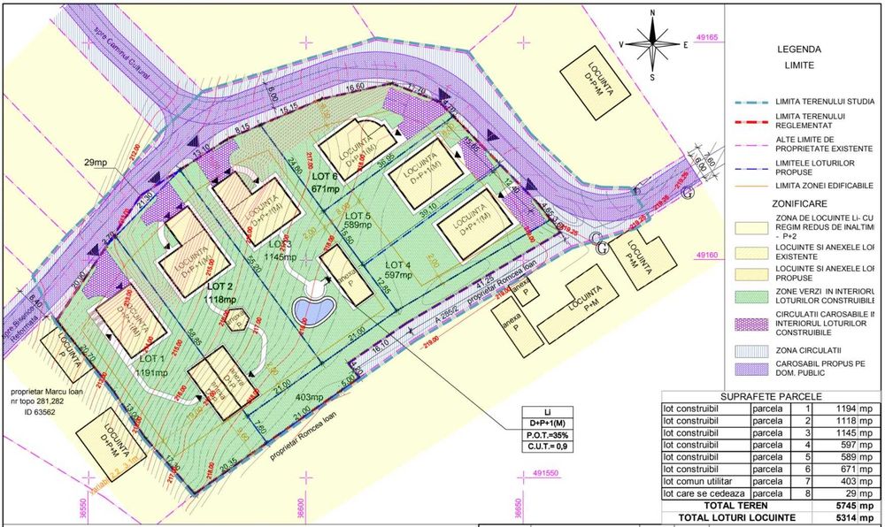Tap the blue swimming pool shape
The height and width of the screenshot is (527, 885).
point(313,309)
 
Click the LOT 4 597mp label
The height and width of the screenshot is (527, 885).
point(398,270)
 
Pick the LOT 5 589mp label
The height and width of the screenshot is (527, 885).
point(358,220)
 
